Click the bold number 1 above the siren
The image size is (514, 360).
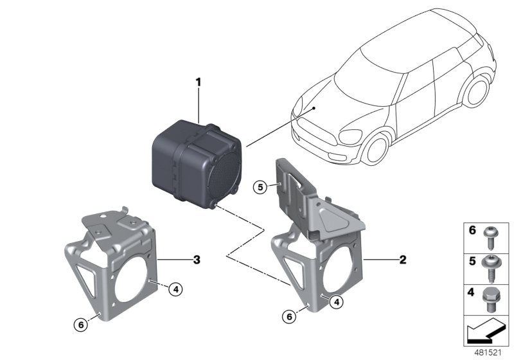click(x=199, y=82)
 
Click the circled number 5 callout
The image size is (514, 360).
click(x=260, y=188)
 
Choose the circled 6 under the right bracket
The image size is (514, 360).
click(x=290, y=317)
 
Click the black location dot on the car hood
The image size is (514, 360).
click(x=314, y=109)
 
